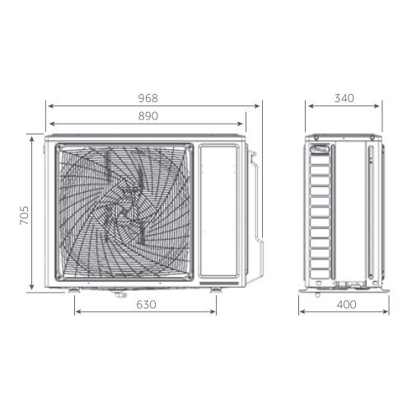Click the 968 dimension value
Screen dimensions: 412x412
point(147,98)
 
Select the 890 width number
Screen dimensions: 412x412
point(147,116)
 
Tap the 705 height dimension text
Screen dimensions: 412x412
point(25,216)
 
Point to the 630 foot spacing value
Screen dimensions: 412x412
point(145,304)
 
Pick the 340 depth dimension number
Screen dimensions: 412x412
point(344,98)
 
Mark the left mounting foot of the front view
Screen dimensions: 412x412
point(75,289)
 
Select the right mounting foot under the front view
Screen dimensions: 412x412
point(216,289)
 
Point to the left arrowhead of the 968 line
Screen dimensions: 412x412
point(49,106)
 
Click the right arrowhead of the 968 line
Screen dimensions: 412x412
point(260,106)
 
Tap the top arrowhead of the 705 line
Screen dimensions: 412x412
point(33,134)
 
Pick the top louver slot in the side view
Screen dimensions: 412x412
point(320,152)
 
